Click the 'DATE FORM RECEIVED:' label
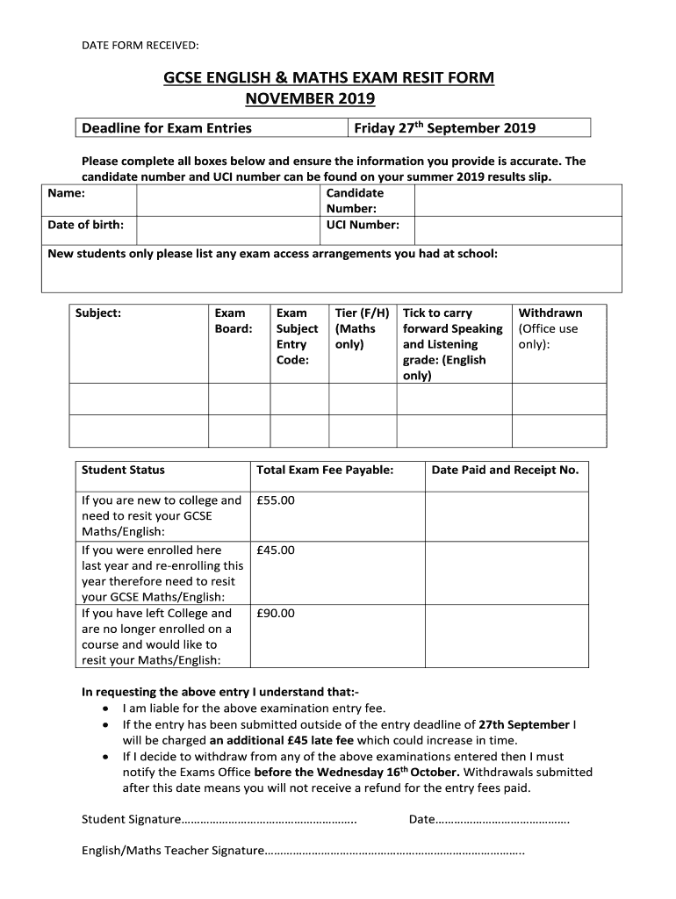(140, 44)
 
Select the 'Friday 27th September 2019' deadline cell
(444, 128)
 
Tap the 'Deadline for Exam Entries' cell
(167, 128)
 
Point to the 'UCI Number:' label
(363, 225)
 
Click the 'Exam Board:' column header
(234, 321)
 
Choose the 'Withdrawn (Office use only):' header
(550, 328)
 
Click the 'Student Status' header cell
(123, 471)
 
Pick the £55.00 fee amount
(276, 500)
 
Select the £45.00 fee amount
(276, 550)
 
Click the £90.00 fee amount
(276, 614)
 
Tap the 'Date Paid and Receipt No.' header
(505, 471)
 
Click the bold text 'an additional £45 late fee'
(284, 740)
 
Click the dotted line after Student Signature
(268, 820)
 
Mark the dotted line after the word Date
(502, 820)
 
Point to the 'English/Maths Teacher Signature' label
(172, 851)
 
